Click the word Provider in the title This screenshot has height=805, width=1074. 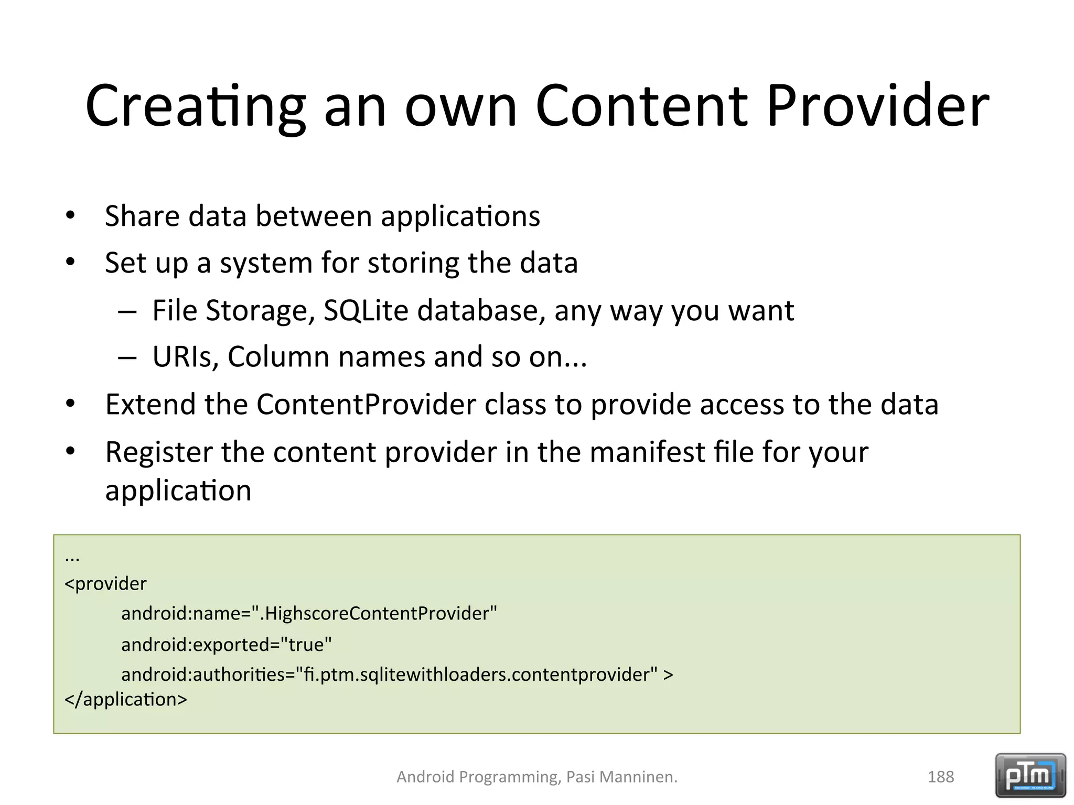click(877, 106)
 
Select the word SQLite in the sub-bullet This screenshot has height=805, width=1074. click(366, 310)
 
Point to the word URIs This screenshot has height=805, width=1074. click(185, 357)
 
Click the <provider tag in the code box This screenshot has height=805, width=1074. click(105, 584)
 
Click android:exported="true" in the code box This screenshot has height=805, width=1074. click(227, 644)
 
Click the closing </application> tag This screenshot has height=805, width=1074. click(125, 700)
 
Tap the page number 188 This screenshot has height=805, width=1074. click(940, 777)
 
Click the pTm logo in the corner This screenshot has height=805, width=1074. click(1030, 775)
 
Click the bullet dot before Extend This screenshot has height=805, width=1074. click(71, 404)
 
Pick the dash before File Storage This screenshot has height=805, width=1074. click(127, 311)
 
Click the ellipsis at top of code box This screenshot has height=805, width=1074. click(72, 559)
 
